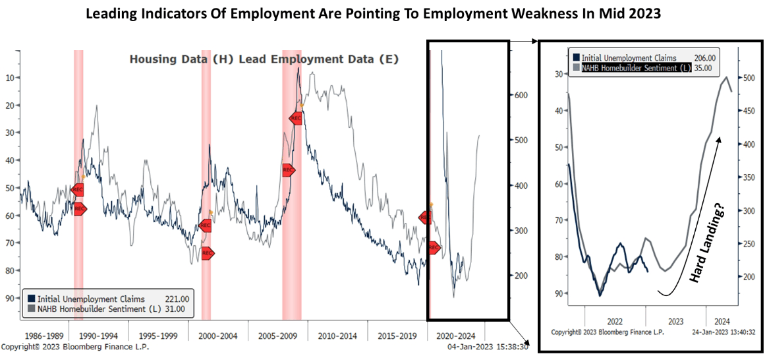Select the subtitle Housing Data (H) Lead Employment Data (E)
264,59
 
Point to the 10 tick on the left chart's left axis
13,78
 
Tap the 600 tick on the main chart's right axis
521,95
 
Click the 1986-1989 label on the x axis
38,336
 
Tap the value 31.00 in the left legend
177,309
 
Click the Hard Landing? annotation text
707,244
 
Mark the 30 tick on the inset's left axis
559,75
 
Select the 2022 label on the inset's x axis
615,321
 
